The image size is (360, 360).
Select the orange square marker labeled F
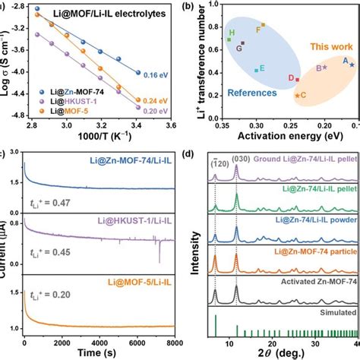coord(263,25)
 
